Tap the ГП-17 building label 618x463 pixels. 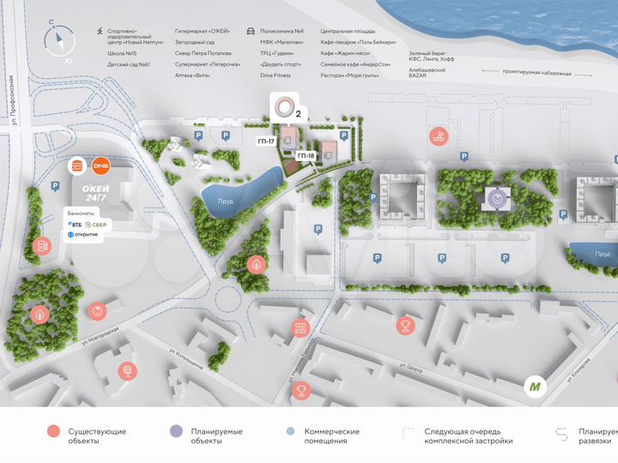(x=265, y=141)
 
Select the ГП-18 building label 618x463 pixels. (x=306, y=156)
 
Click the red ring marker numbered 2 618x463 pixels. (x=282, y=108)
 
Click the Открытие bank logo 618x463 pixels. (x=82, y=235)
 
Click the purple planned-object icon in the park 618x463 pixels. (x=496, y=198)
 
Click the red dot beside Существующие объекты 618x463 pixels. (x=53, y=432)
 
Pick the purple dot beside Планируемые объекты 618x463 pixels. (x=175, y=432)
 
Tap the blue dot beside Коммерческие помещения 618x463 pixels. (x=290, y=432)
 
